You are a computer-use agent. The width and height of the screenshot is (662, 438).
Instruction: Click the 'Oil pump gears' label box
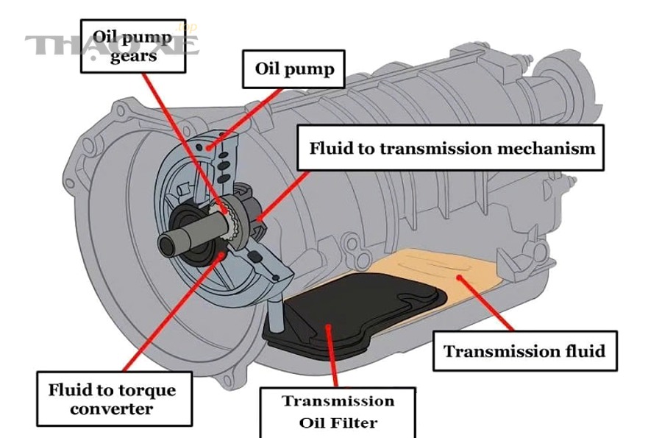tap(133, 46)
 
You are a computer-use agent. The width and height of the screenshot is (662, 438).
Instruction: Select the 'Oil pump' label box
tap(293, 69)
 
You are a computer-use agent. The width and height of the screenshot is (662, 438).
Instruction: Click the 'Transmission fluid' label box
tap(524, 351)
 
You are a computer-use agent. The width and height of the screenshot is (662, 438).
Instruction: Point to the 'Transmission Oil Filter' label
tap(338, 412)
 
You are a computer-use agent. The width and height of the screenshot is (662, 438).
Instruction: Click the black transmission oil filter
tap(355, 314)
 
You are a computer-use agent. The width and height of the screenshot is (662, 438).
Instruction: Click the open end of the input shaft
tap(166, 244)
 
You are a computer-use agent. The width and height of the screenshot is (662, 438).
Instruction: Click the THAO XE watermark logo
tap(112, 44)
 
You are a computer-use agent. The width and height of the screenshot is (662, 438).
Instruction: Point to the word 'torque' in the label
tap(147, 390)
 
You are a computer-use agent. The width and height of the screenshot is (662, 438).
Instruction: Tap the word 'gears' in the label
tap(133, 56)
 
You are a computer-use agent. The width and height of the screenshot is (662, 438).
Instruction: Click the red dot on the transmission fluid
tap(459, 278)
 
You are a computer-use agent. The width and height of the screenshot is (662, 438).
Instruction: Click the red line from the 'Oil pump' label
tap(245, 119)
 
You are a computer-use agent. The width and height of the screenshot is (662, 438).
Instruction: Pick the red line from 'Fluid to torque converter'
tap(172, 314)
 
